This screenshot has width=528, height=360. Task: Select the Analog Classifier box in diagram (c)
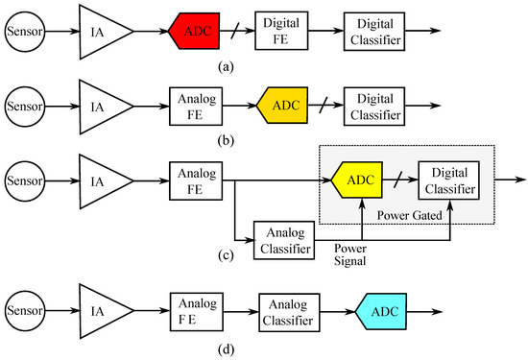[286, 238]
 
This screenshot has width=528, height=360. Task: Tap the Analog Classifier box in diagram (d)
[286, 313]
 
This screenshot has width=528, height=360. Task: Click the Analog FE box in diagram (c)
[194, 179]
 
